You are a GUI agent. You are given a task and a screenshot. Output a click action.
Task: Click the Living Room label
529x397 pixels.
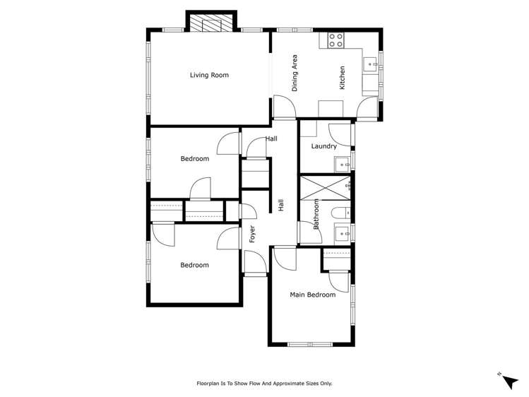coord(209,75)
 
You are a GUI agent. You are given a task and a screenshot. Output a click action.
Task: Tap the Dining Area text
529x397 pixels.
coord(295,73)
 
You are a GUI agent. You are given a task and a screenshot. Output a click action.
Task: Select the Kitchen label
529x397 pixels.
coord(343,77)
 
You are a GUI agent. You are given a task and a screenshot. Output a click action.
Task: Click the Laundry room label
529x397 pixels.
coord(323,147)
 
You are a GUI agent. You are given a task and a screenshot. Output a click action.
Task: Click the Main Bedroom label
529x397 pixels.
coord(312,295)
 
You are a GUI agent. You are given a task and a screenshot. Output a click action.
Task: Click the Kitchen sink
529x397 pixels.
coord(371,64)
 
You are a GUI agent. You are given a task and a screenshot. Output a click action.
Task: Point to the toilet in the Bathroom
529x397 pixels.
coord(340,213)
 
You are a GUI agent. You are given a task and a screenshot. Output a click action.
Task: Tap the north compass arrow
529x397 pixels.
coord(509,381)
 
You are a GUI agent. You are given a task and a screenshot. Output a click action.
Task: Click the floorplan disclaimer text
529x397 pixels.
coord(264,384)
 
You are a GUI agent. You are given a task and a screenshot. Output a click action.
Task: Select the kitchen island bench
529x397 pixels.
coord(331,107)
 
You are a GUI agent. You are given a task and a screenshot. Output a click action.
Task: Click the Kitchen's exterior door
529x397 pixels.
coord(368,107)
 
